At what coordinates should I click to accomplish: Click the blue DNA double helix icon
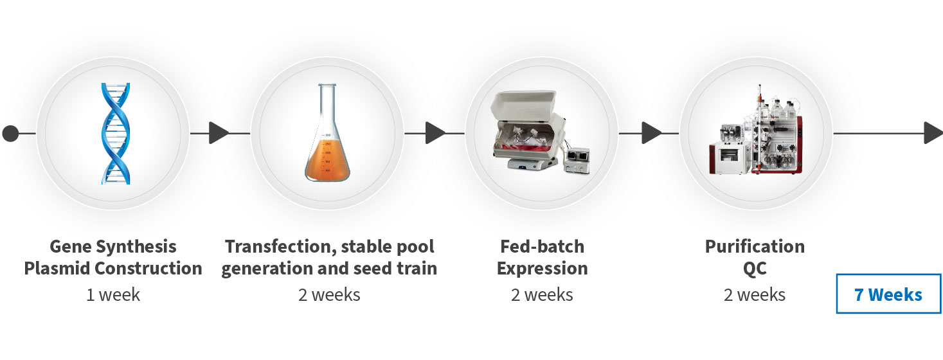(x=116, y=134)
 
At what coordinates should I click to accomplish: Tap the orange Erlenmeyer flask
(x=328, y=132)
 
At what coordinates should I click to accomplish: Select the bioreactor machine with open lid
(x=541, y=132)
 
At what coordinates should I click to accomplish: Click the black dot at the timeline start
(x=10, y=134)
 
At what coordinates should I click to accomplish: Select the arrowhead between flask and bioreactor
(x=435, y=133)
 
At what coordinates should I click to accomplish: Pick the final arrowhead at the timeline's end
(x=933, y=133)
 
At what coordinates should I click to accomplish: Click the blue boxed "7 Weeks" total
(x=889, y=294)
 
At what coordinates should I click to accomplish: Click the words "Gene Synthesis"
(x=113, y=247)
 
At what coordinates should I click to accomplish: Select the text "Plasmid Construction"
(x=113, y=268)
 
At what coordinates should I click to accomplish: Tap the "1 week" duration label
(x=113, y=294)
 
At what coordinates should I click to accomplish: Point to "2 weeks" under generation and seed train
(x=329, y=294)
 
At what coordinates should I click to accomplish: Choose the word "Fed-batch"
(x=543, y=247)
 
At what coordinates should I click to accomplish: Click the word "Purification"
(x=755, y=247)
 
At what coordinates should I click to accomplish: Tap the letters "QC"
(x=755, y=269)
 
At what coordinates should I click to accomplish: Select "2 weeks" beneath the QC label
(x=755, y=294)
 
